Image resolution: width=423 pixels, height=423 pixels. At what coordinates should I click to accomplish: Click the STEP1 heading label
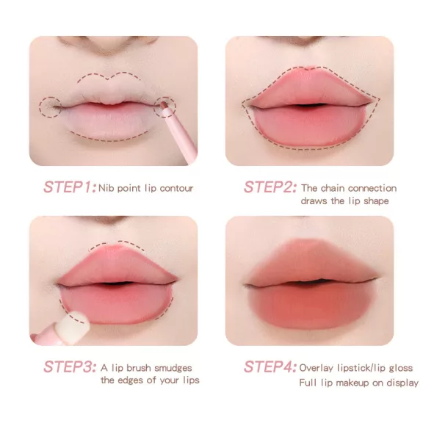[70, 187]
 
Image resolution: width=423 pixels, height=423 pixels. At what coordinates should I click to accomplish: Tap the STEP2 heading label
[270, 187]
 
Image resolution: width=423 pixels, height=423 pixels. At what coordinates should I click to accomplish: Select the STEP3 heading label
[70, 366]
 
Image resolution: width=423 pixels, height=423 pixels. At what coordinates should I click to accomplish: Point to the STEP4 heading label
[270, 366]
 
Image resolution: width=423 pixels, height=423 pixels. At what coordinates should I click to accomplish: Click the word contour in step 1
[176, 188]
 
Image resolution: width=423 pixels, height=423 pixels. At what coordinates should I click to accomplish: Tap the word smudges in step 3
[173, 368]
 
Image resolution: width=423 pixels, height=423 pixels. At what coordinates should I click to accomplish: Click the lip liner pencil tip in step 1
[163, 105]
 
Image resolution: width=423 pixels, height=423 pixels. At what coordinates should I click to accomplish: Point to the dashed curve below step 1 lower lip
[109, 140]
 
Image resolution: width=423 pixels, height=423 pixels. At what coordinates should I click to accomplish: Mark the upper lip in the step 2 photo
[310, 87]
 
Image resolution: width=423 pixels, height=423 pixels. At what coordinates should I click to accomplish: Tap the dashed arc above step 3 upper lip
[117, 242]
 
